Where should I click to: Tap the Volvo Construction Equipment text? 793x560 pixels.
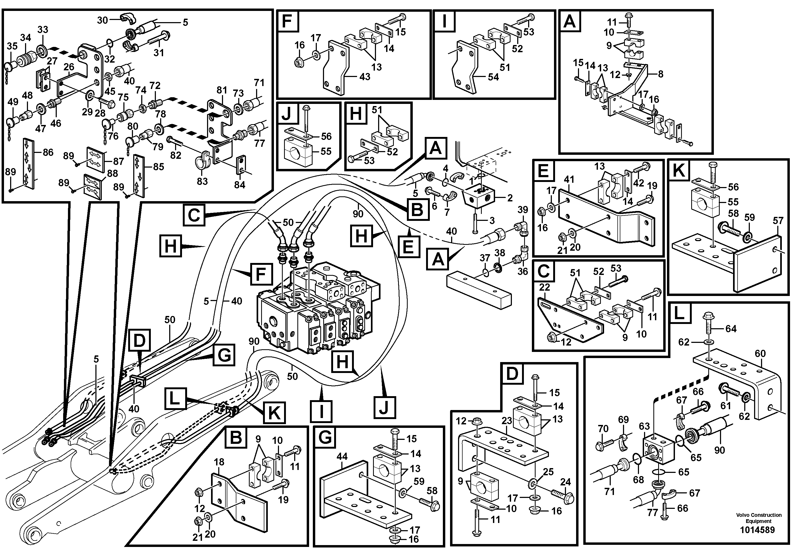pyautogui.click(x=758, y=518)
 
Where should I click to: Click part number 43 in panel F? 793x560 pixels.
pyautogui.click(x=365, y=77)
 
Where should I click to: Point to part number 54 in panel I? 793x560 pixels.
pyautogui.click(x=493, y=77)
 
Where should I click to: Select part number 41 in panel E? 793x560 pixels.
pyautogui.click(x=569, y=180)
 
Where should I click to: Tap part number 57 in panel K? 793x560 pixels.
pyautogui.click(x=778, y=221)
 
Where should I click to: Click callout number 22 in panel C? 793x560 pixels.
pyautogui.click(x=544, y=287)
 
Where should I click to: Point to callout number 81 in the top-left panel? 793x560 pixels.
pyautogui.click(x=222, y=91)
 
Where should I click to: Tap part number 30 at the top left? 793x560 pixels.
pyautogui.click(x=102, y=20)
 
